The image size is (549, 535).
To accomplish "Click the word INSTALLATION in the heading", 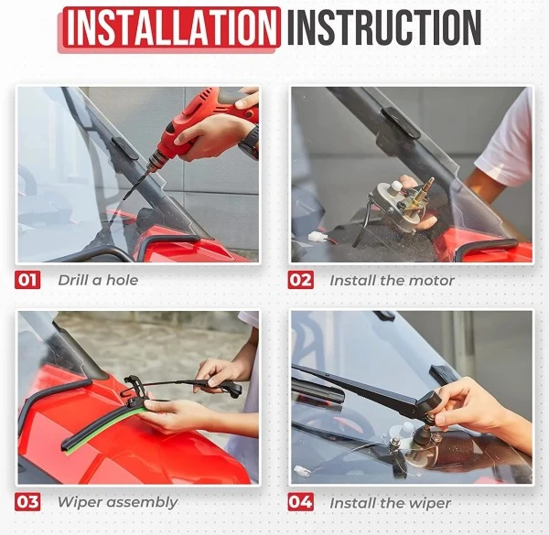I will (170, 28).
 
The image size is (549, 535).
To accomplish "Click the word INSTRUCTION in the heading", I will (383, 28).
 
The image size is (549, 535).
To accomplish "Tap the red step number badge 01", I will (27, 280).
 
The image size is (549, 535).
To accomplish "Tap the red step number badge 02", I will (301, 280).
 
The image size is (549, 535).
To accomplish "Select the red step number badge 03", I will (27, 502).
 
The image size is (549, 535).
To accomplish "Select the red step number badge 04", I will (301, 502).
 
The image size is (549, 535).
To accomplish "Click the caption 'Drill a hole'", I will (98, 280).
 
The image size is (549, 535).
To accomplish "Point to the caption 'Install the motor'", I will (392, 280).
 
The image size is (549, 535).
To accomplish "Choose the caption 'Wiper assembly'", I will (117, 502).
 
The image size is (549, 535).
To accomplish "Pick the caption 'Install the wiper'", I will (390, 502).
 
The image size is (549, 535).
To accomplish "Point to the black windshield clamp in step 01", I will (124, 146).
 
